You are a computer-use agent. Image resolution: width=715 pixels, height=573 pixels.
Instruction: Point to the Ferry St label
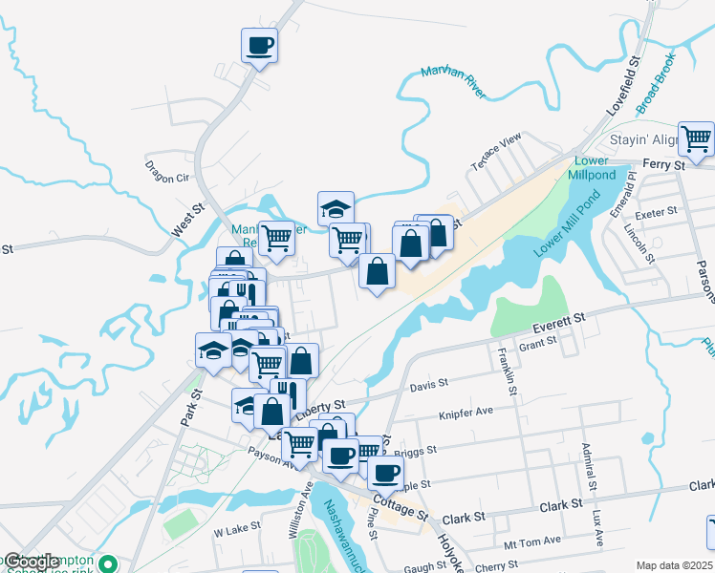coord(664,165)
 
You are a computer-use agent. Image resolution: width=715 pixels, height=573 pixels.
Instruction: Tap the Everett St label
coord(559,316)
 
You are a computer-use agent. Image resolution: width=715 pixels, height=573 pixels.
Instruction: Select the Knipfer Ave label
coord(466,412)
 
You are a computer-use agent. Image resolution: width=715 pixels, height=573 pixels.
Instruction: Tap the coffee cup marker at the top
coord(260,45)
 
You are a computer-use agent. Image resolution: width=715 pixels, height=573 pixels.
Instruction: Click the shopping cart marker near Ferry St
coord(697,139)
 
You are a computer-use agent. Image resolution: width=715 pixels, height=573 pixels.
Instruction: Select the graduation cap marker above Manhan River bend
coord(336,208)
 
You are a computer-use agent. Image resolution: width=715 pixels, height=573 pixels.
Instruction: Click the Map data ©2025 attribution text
coord(673,565)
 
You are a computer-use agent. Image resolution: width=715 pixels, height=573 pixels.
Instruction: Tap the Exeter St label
coord(655,210)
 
